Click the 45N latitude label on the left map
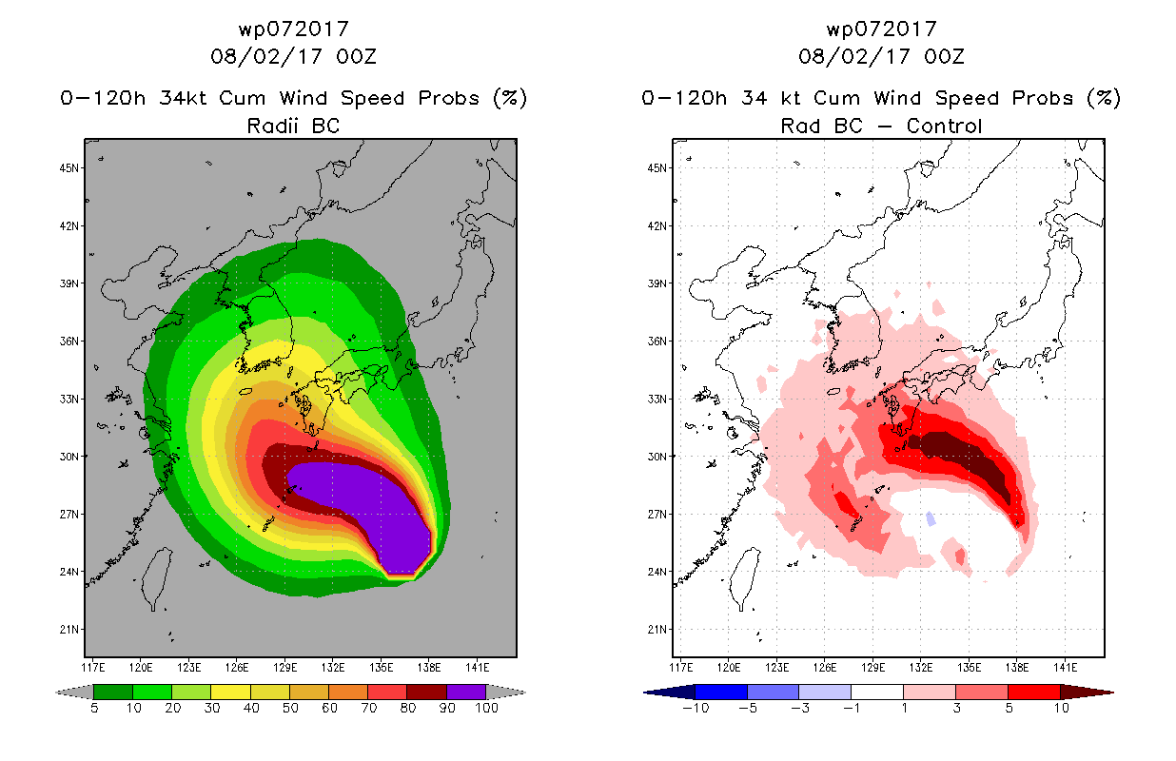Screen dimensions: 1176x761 pyautogui.click(x=69, y=168)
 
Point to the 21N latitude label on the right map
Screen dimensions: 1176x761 pyautogui.click(x=657, y=630)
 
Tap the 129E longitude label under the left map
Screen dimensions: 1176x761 pyautogui.click(x=285, y=668)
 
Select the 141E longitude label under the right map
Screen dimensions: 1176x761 pyautogui.click(x=1066, y=668)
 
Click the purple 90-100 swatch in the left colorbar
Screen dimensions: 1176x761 pyautogui.click(x=466, y=692)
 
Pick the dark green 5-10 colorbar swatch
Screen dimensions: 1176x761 pyautogui.click(x=113, y=692)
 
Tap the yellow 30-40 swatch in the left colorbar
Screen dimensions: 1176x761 pyautogui.click(x=230, y=692)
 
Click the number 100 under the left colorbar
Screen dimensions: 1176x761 pyautogui.click(x=487, y=708)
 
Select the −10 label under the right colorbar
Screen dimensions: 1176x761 pyautogui.click(x=696, y=708)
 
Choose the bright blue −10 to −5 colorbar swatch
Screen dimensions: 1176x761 pyautogui.click(x=721, y=692)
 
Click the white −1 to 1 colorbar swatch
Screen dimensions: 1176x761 pyautogui.click(x=877, y=692)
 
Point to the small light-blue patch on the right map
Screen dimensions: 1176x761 pyautogui.click(x=931, y=518)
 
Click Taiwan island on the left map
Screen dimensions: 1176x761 pyautogui.click(x=157, y=576)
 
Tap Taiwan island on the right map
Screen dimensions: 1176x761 pyautogui.click(x=745, y=576)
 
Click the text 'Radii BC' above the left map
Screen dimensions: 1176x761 pyautogui.click(x=293, y=126)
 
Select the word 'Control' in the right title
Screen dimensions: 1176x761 pyautogui.click(x=944, y=126)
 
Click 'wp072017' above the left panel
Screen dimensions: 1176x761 pyautogui.click(x=293, y=29)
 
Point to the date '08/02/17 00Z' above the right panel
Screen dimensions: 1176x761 pyautogui.click(x=881, y=56)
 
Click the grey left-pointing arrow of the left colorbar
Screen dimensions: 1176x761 pyautogui.click(x=74, y=693)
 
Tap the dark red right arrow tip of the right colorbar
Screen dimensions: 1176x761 pyautogui.click(x=1087, y=693)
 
